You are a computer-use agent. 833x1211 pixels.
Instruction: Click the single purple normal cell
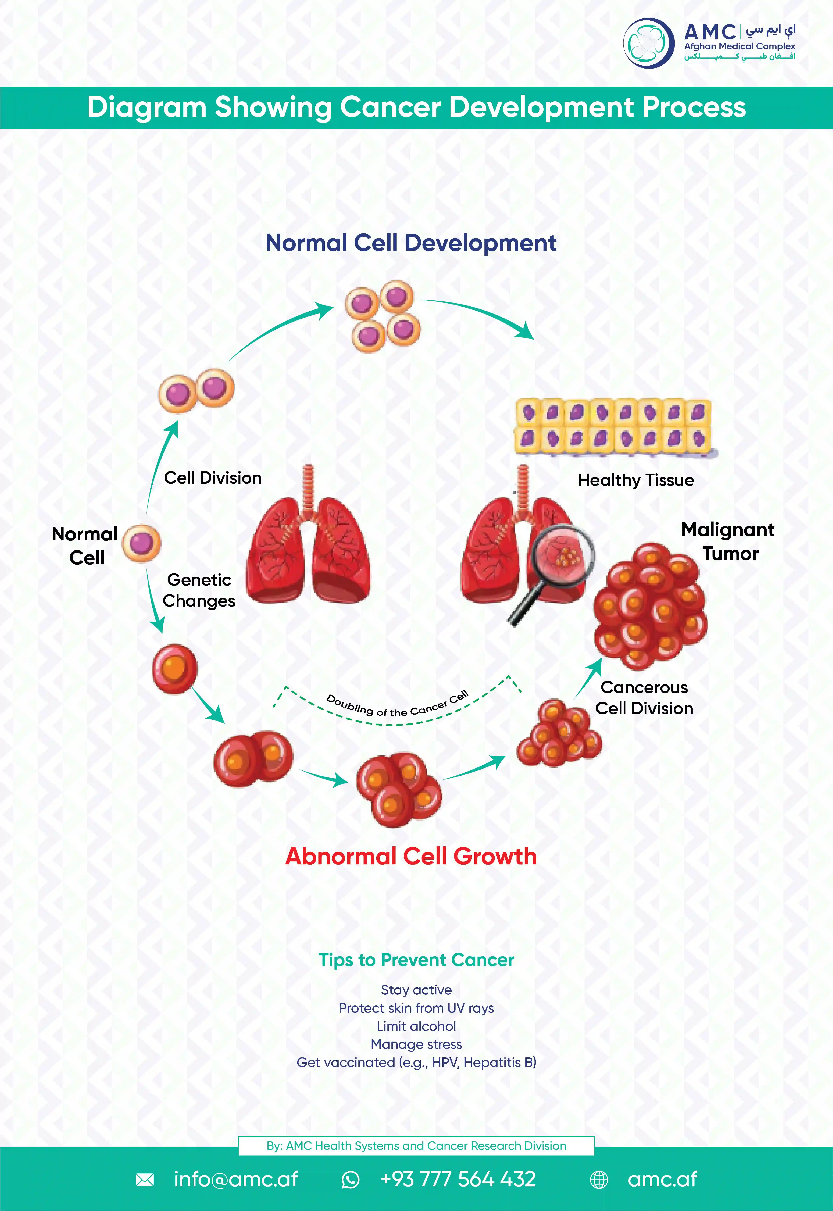pos(141,543)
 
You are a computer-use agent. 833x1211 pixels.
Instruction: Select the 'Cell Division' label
pos(212,478)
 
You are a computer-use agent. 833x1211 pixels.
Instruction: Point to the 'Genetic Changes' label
pos(199,590)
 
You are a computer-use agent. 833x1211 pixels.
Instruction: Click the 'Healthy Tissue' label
pos(636,480)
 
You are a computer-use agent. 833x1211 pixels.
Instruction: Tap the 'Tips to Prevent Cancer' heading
pos(416,960)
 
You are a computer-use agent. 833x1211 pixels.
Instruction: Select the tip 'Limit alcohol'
pos(416,1026)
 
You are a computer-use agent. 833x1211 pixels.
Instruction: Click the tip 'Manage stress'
pos(416,1044)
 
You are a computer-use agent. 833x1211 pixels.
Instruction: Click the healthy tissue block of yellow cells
pos(613,426)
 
